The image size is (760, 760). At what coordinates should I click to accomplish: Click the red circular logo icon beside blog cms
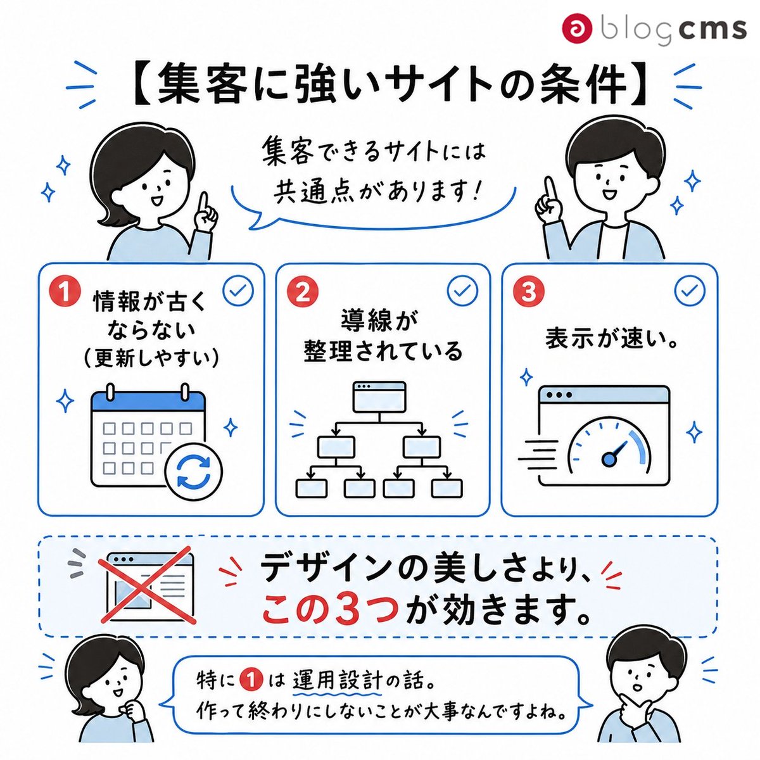578,28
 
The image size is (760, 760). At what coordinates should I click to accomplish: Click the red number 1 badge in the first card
65,291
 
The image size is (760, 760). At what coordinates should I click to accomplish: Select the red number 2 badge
303,291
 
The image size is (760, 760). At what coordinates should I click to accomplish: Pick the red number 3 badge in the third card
528,291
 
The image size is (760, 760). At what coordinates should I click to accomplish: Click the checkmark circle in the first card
238,291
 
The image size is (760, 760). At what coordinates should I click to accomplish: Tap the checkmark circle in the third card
690,291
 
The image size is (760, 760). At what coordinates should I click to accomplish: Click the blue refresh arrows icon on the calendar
194,471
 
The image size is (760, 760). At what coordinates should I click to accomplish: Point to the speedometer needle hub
609,459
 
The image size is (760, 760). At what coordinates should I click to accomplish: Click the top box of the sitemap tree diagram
380,398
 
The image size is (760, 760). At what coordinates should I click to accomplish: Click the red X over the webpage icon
148,591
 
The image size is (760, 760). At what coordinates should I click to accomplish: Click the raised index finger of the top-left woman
203,205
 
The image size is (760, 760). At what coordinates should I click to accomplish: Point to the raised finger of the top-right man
549,189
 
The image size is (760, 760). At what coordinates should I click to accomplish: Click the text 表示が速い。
611,339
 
